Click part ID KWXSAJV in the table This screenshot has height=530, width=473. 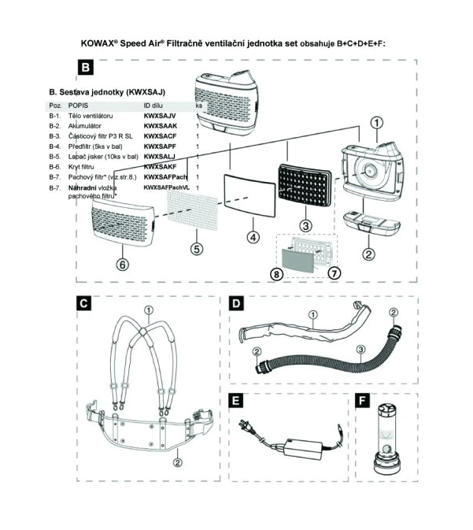point(160,116)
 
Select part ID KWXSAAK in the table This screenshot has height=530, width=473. point(161,126)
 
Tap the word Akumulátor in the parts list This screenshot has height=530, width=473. point(86,126)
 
